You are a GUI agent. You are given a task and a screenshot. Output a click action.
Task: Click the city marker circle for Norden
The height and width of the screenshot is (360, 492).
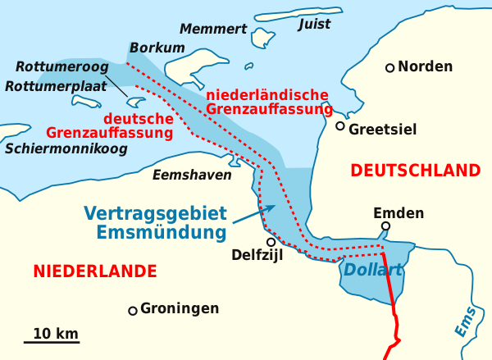point(390,67)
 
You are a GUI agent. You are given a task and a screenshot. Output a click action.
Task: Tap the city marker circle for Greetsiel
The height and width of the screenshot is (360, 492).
point(340,126)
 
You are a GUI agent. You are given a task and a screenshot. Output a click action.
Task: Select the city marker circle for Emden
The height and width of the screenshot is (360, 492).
point(385,227)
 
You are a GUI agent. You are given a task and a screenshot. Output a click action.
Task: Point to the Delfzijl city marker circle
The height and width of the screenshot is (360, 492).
point(271,241)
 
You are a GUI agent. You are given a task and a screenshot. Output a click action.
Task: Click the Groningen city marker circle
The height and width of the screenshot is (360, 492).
point(132,311)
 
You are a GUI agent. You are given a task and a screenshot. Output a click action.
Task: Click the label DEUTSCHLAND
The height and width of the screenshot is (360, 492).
point(414,171)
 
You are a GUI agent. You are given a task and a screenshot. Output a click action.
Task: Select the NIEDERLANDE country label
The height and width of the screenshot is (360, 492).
point(95,271)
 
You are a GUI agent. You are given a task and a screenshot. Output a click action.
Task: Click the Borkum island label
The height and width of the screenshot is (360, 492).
point(157,48)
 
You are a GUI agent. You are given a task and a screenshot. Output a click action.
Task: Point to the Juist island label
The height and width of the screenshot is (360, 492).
point(314,25)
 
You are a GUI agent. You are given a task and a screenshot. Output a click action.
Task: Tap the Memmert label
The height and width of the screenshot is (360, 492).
point(213,30)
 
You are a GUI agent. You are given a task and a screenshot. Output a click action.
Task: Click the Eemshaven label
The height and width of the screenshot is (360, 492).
point(192,175)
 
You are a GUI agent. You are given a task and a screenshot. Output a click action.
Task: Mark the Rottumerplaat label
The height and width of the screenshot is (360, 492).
point(52,86)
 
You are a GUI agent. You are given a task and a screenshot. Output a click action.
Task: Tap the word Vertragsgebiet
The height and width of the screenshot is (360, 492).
point(155,213)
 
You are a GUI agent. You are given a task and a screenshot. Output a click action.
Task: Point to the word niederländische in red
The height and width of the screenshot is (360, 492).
point(268,94)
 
